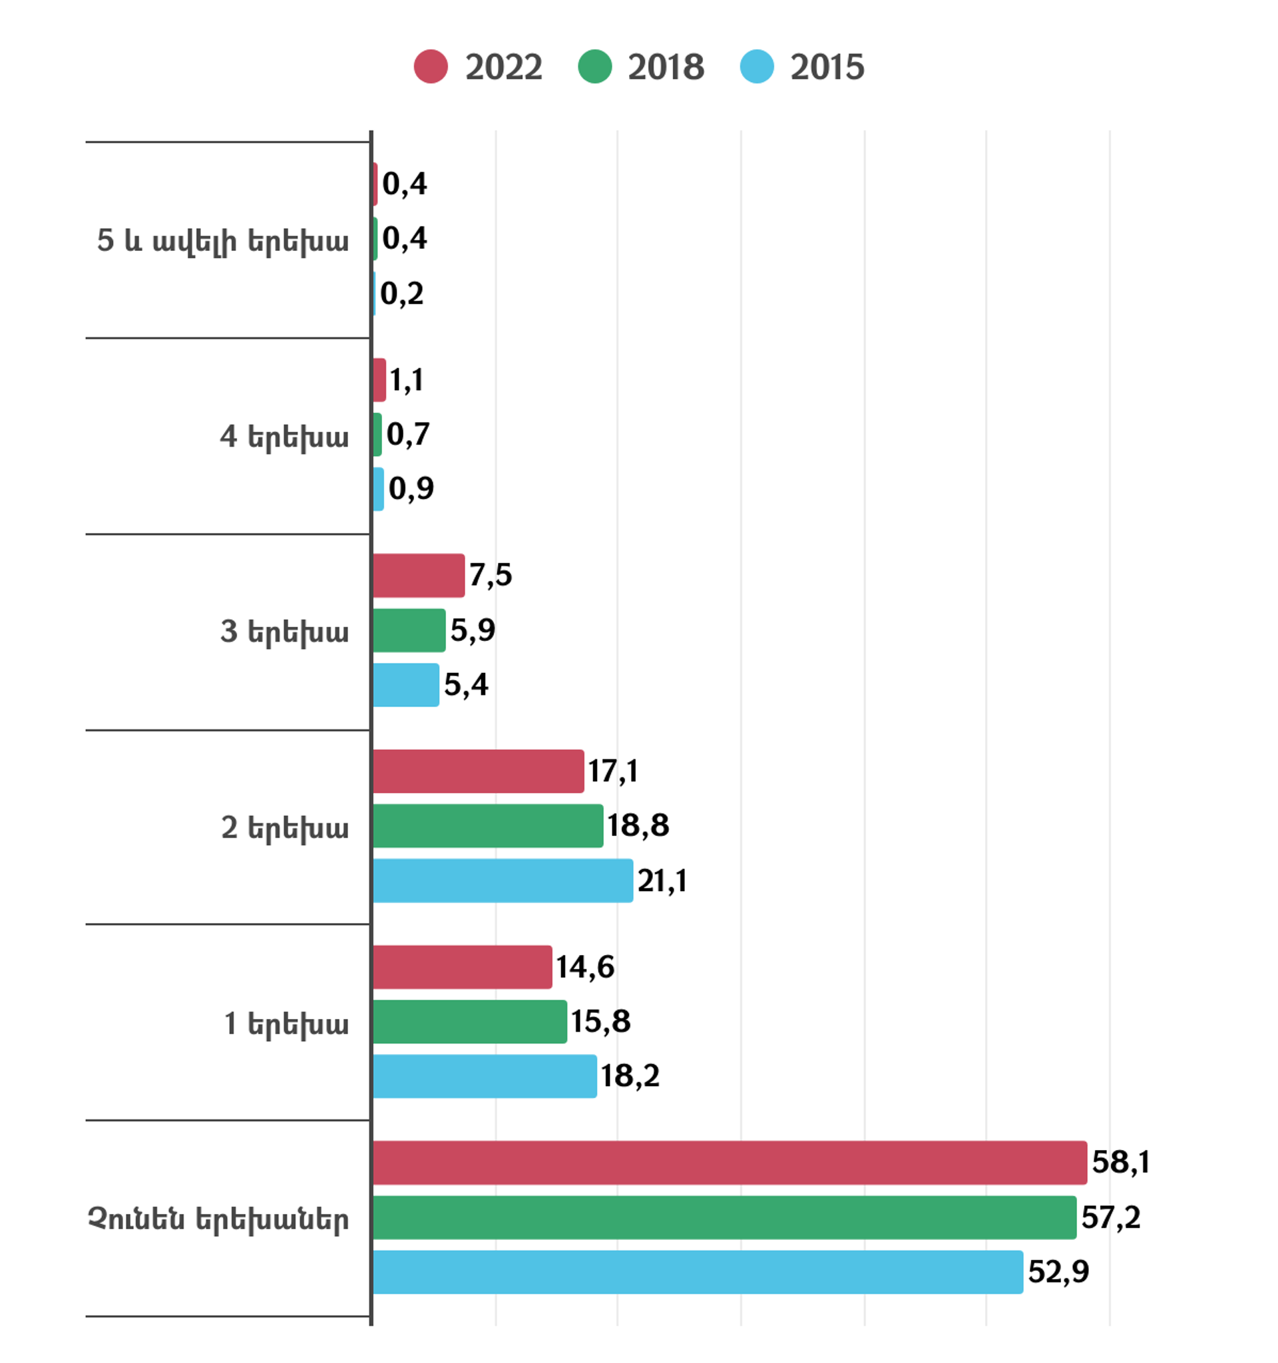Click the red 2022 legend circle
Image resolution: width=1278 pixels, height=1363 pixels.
pyautogui.click(x=431, y=67)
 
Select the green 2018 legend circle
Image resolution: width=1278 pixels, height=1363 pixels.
pyautogui.click(x=594, y=67)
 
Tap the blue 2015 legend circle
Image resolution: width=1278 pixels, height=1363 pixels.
pyautogui.click(x=757, y=67)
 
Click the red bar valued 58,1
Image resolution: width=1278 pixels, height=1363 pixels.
pyautogui.click(x=730, y=1163)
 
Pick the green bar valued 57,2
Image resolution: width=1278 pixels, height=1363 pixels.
pyautogui.click(x=724, y=1218)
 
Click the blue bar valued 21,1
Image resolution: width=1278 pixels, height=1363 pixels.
pyautogui.click(x=503, y=880)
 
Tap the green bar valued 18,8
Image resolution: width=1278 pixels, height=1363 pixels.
pyautogui.click(x=487, y=825)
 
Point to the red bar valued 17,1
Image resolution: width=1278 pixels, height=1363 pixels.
pyautogui.click(x=478, y=771)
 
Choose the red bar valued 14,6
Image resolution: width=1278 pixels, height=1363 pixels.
pyautogui.click(x=462, y=967)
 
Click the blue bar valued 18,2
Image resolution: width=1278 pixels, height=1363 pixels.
pyautogui.click(x=484, y=1076)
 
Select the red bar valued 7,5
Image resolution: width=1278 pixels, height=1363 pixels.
pyautogui.click(x=418, y=575)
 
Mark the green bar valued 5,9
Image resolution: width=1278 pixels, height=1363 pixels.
pyautogui.click(x=409, y=630)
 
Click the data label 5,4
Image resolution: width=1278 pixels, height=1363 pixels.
pyautogui.click(x=466, y=685)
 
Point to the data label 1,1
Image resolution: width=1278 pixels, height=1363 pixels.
pyautogui.click(x=407, y=380)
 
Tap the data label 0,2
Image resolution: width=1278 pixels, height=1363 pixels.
pyautogui.click(x=402, y=294)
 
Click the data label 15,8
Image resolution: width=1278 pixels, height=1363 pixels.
pyautogui.click(x=600, y=1022)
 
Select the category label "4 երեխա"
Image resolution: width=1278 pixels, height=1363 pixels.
pyautogui.click(x=284, y=437)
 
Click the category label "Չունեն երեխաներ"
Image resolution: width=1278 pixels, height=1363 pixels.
pyautogui.click(x=218, y=1219)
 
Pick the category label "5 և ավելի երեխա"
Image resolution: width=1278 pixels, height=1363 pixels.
pyautogui.click(x=223, y=241)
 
